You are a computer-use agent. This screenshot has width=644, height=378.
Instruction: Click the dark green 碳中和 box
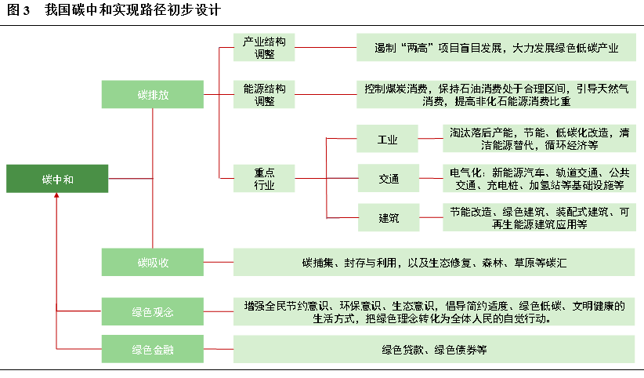coord(57,179)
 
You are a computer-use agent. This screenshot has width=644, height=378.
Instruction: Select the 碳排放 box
coord(152,94)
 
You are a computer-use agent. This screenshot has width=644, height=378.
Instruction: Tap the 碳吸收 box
coord(152,262)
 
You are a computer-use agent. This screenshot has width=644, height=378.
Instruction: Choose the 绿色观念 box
coord(152,311)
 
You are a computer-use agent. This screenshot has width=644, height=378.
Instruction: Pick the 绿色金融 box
coord(152,349)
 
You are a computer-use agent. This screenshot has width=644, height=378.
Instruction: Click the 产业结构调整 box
coord(264,47)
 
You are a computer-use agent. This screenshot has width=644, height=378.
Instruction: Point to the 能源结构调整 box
coord(264,94)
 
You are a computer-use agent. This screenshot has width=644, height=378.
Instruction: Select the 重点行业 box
coord(264,178)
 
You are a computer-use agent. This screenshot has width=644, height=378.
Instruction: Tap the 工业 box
coord(387,139)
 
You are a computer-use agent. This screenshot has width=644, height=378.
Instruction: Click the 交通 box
coord(389,178)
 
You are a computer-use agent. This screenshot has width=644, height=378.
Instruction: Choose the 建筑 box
coord(389,217)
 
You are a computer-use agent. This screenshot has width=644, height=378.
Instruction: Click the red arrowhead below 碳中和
coord(56,195)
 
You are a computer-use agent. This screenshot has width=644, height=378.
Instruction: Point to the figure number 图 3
coord(19,10)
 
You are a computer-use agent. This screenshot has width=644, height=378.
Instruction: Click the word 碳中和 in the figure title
coord(85,10)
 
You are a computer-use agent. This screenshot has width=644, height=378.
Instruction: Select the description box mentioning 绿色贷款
coord(434,349)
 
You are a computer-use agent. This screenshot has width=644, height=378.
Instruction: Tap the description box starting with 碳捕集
coord(434,262)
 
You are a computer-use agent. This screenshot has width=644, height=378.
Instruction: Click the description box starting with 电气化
coord(539,178)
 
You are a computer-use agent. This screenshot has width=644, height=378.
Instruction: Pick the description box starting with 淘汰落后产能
coord(539,139)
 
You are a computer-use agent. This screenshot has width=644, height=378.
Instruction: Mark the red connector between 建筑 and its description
coord(431,217)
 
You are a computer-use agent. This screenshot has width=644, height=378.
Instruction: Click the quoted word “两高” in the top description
coord(416,48)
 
